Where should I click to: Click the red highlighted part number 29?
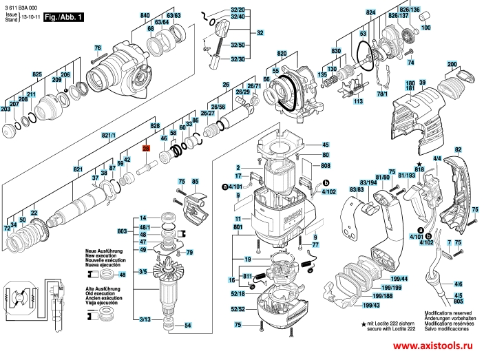pyautogui.click(x=146, y=149)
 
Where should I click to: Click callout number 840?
pyautogui.click(x=145, y=15)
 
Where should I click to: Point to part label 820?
pyautogui.click(x=282, y=53)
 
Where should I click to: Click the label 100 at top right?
pyautogui.click(x=425, y=28)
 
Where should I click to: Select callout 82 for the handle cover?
pyautogui.click(x=458, y=150)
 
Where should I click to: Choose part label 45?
pyautogui.click(x=326, y=145)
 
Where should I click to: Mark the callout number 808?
pyautogui.click(x=326, y=166)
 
